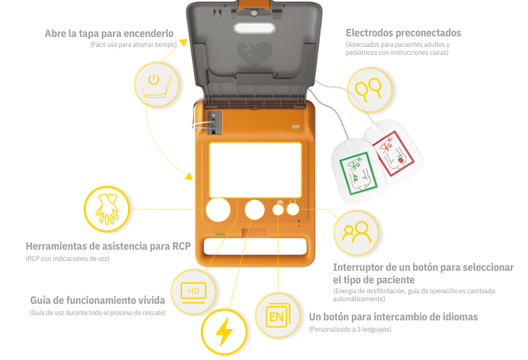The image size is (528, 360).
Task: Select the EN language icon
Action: point(277,316)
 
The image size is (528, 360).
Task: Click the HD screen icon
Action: point(193,291)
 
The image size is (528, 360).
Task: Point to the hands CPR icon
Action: point(107,209)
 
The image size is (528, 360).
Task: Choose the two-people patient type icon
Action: point(356,231)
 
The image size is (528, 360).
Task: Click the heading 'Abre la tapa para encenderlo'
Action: point(109,33)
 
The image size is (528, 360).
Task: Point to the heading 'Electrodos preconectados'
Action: point(403,33)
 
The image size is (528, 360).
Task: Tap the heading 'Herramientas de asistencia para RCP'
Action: point(108,246)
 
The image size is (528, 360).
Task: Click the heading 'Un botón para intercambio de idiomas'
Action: point(393,317)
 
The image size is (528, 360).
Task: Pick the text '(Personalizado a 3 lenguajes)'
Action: point(350,329)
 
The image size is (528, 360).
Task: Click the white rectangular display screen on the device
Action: point(255,169)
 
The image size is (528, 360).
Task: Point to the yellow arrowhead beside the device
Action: point(188,176)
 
